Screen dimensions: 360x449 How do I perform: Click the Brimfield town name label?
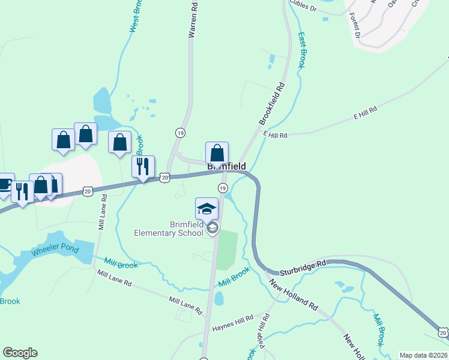click(x=226, y=166)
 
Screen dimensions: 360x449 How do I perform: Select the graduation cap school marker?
click(x=206, y=209)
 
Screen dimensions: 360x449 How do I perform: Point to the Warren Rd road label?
click(x=193, y=20)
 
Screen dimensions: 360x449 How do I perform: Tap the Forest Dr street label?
click(x=353, y=27)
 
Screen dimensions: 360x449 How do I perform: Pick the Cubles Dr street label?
click(x=303, y=7)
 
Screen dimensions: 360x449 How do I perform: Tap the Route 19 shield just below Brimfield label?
click(x=222, y=188)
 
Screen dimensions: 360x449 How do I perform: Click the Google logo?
click(x=20, y=353)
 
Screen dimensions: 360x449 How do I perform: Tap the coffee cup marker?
click(x=4, y=184)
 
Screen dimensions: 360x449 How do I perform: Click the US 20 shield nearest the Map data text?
click(x=443, y=332)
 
